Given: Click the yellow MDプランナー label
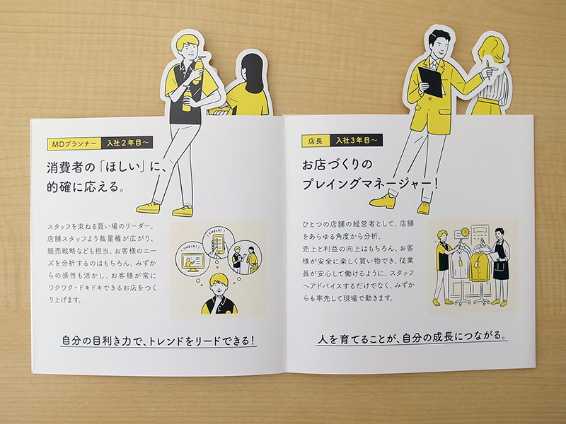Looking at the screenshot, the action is point(74,144).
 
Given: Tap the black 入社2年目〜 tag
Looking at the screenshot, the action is point(127,143).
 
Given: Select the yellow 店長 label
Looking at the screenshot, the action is point(316,141).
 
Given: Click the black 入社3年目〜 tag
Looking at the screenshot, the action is point(357,140).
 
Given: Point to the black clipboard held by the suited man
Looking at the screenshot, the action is point(431,82).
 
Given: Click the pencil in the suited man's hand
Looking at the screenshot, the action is point(487,70).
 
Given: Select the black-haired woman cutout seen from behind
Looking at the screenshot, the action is point(250,85).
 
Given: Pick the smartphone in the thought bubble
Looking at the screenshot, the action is point(219,242).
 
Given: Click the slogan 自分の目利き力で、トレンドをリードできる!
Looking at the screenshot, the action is point(158,341).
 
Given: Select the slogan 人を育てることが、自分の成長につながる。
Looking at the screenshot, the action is point(412,338).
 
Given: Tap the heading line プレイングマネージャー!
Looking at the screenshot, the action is point(370,184).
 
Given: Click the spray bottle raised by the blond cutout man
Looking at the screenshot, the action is point(198,70).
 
